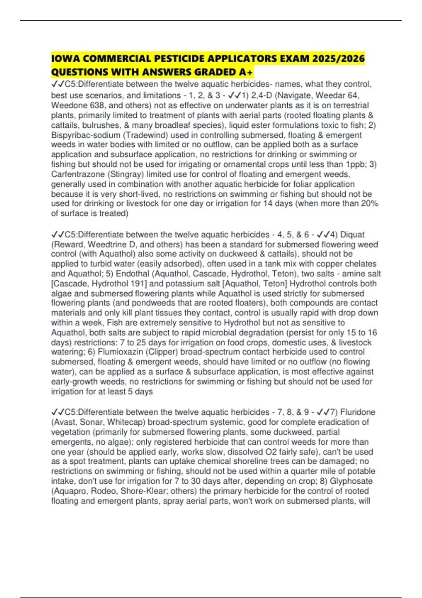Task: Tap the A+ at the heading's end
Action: tap(245, 72)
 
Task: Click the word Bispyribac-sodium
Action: tap(85, 135)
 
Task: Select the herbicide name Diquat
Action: tap(352, 235)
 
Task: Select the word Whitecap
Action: tap(126, 422)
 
